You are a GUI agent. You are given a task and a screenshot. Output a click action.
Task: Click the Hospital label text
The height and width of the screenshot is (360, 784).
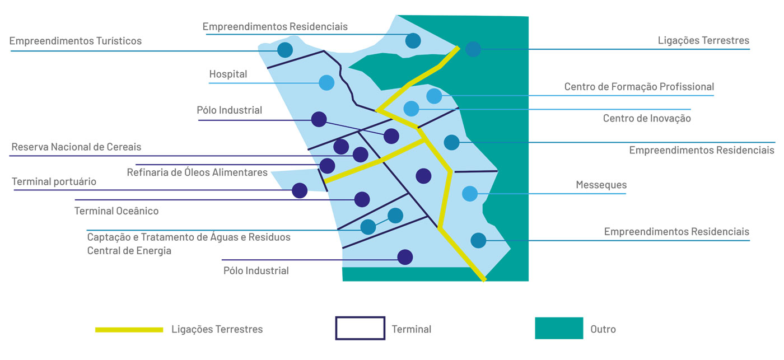click(228, 74)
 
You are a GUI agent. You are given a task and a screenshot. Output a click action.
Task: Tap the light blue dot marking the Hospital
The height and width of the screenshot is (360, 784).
click(326, 83)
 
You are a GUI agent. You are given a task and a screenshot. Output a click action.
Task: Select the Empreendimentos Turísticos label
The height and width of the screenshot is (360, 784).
click(76, 41)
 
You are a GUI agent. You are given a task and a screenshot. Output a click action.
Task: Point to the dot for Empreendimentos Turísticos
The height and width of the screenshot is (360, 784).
click(285, 50)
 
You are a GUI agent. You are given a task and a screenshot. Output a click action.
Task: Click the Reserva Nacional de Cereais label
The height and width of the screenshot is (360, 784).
click(76, 147)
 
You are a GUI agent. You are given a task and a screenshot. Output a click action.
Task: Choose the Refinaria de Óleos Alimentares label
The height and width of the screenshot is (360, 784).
click(197, 172)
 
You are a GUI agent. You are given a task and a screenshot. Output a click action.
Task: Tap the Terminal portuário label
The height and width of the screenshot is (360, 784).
click(54, 182)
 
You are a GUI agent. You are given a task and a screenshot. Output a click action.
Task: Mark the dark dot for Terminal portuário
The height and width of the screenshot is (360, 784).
click(300, 190)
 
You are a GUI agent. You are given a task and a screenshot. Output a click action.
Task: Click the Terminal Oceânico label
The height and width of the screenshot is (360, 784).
click(116, 211)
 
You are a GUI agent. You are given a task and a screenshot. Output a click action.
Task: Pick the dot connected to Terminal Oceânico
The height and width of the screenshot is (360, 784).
click(362, 199)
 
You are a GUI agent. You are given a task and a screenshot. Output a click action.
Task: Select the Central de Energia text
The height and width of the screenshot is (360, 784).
click(129, 251)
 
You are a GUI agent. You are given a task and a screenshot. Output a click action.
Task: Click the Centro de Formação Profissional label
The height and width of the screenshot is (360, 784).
click(639, 87)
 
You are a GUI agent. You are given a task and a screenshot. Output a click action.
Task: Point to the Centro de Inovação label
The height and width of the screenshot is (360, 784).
click(647, 119)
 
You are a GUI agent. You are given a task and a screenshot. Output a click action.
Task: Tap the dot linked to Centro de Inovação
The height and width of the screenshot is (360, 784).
click(411, 109)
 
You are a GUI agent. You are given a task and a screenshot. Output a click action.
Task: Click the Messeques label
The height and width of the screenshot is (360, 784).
click(601, 185)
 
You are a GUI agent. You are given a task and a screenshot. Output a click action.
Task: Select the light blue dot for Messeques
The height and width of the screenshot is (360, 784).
click(470, 194)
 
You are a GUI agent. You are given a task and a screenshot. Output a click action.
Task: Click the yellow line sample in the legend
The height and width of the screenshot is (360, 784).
click(129, 329)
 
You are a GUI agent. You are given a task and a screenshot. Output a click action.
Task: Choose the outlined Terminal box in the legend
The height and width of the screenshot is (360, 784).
click(360, 328)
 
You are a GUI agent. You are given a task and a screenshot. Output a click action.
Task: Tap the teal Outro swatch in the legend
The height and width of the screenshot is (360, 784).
click(558, 328)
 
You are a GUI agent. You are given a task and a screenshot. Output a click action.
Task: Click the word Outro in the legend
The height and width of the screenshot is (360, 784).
click(603, 329)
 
